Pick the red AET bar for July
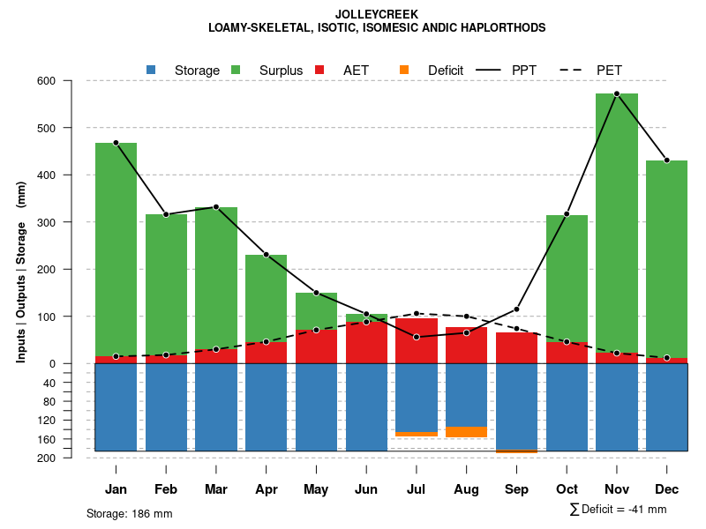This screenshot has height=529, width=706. [417, 340]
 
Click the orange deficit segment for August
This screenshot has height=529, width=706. [467, 432]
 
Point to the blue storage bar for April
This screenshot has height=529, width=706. [266, 406]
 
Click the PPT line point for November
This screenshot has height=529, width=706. [617, 93]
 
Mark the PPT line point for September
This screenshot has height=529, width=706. [517, 309]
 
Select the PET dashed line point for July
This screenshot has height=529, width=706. [417, 313]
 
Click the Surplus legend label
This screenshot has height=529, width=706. [281, 71]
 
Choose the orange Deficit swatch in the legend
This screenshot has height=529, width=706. [404, 70]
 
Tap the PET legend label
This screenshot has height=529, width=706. [609, 71]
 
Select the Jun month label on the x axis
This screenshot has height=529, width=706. [366, 489]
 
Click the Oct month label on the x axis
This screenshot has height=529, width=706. [567, 489]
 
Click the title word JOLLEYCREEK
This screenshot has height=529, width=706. [377, 14]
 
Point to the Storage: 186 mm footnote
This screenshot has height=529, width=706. [130, 513]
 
